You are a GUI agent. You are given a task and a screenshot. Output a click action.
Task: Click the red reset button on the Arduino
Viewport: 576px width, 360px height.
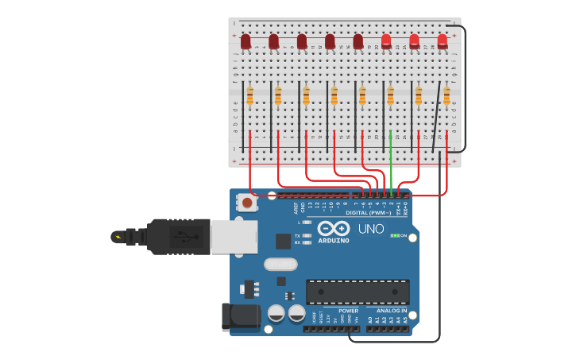(247, 203)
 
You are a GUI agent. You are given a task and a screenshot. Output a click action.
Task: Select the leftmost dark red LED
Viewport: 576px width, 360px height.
(245, 41)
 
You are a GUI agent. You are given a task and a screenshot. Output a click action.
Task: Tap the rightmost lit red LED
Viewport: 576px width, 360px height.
(443, 41)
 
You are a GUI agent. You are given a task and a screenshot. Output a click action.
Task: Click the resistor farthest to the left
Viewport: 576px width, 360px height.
(249, 95)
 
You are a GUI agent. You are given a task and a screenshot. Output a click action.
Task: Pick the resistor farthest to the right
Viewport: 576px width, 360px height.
(446, 95)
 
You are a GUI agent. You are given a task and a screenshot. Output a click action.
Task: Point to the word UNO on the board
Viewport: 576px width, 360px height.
(371, 229)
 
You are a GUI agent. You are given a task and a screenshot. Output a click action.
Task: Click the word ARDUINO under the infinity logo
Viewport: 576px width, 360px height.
(334, 241)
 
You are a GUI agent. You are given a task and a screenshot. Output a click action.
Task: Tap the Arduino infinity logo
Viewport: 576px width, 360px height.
(334, 228)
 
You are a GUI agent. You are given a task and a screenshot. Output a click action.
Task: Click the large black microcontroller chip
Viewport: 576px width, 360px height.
(358, 292)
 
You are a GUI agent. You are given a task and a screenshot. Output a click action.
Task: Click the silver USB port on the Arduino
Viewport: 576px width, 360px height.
(234, 236)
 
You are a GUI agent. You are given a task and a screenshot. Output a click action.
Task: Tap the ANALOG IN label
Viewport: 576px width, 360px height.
(386, 311)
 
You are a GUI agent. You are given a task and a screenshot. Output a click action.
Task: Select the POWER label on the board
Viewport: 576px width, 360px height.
(348, 311)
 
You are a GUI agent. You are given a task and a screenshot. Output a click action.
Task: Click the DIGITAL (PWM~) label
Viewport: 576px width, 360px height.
(368, 213)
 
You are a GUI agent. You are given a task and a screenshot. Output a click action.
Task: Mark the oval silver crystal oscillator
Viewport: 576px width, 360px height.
(280, 264)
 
